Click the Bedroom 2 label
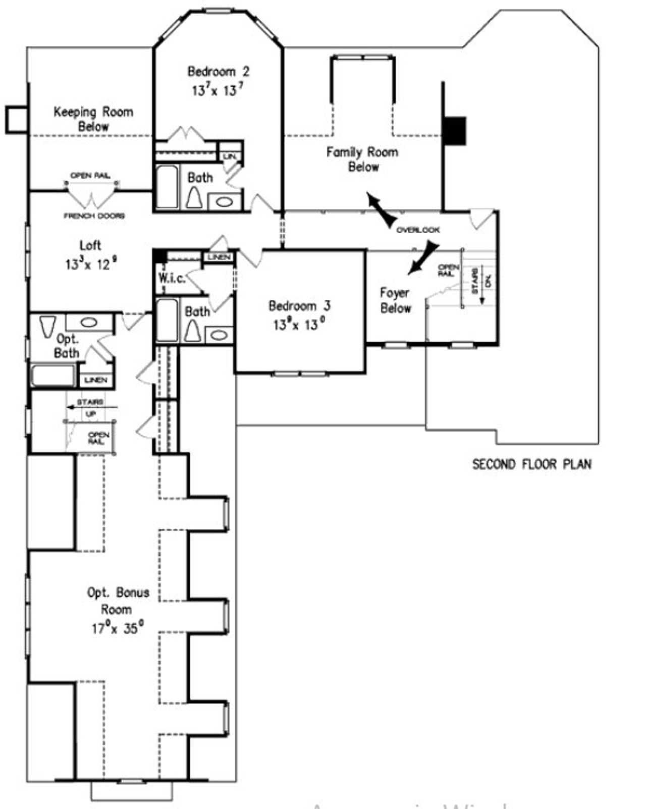point(218,72)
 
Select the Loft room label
point(90,246)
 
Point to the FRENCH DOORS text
point(94,216)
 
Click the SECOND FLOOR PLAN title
point(531,464)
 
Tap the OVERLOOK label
point(418,230)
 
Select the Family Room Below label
point(362,159)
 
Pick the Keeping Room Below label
point(93,119)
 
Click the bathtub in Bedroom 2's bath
point(167,187)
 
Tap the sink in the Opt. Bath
point(89,322)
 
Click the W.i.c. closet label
point(172,278)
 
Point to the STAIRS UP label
point(90,408)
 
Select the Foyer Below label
point(395,300)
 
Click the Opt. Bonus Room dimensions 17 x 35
point(117,628)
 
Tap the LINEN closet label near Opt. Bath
point(96,380)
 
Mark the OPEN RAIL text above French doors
point(90,176)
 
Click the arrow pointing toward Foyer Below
point(423,257)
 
